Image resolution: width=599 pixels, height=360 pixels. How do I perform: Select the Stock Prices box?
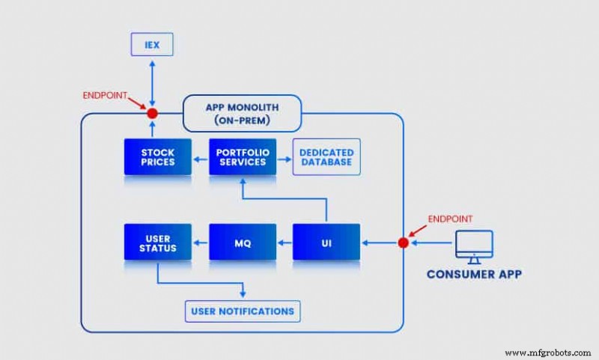pos(157,157)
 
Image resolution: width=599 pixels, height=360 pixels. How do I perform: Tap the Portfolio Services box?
pos(242,157)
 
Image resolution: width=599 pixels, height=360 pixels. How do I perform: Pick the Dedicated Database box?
pos(326,157)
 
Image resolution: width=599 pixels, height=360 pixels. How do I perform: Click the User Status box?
pos(157,242)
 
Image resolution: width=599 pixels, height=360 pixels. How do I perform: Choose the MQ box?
pos(242,242)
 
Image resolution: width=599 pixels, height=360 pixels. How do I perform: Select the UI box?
pos(326,242)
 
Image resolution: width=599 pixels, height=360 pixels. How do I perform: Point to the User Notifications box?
pos(243,311)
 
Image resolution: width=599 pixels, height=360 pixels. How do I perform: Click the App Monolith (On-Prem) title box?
pos(242,113)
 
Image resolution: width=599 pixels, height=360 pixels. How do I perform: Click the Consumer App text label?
pos(474,274)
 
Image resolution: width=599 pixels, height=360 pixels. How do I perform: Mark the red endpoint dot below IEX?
pos(152,114)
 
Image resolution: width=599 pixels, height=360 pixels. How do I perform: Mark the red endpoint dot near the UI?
pos(404,242)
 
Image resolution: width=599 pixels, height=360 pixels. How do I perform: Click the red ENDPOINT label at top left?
pos(106,96)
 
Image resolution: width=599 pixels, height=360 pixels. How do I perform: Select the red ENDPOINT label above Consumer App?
pos(451,219)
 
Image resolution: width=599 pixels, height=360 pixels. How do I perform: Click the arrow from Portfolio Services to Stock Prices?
pos(200,157)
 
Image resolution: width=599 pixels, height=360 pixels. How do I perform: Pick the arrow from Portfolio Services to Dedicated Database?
pos(284,157)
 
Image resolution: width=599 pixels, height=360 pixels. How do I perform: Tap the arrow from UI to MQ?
pos(284,242)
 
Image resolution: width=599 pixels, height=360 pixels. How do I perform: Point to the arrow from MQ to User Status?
pos(200,242)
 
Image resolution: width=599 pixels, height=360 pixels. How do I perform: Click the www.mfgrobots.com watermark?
pos(549,353)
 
